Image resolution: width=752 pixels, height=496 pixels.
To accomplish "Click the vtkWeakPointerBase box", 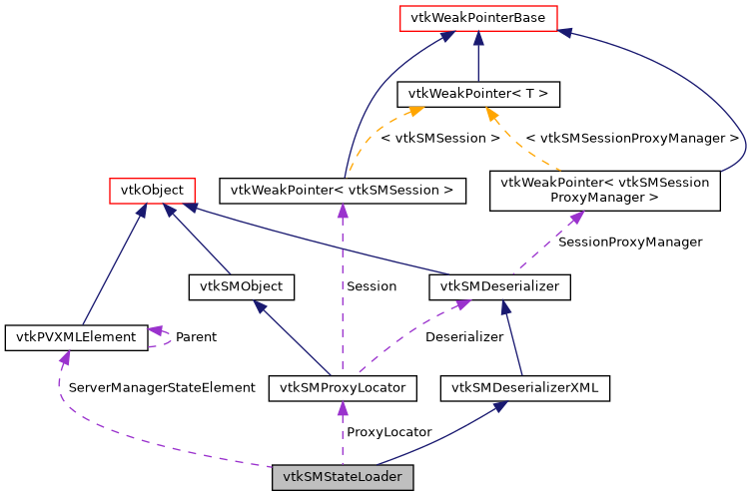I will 477,17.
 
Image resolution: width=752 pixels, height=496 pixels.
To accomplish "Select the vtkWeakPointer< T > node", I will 478,95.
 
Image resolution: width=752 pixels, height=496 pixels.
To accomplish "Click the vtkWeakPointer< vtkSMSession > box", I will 343,189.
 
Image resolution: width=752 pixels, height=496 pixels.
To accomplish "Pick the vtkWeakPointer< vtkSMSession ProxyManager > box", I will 604,190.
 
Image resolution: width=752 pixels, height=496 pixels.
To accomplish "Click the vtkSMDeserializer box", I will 500,286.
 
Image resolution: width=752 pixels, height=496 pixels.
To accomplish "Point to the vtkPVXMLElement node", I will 76,336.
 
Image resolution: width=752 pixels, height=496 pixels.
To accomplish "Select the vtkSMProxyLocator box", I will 343,386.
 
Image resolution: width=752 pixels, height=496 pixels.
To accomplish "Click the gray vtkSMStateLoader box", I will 343,477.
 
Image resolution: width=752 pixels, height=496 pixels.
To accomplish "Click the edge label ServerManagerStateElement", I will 162,387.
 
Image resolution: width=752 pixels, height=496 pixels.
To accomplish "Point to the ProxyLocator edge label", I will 388,432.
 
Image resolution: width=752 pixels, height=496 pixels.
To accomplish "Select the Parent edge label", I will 196,337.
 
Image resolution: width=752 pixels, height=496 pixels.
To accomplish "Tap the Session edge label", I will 372,286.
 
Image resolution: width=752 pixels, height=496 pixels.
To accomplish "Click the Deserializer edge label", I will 464,337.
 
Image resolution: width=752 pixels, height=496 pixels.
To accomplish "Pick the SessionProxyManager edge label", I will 630,242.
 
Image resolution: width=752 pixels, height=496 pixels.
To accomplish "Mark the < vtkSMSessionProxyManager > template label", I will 632,138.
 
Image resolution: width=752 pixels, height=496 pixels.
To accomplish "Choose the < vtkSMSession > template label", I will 440,138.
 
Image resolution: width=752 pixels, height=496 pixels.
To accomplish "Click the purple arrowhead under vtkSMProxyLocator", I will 343,407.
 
